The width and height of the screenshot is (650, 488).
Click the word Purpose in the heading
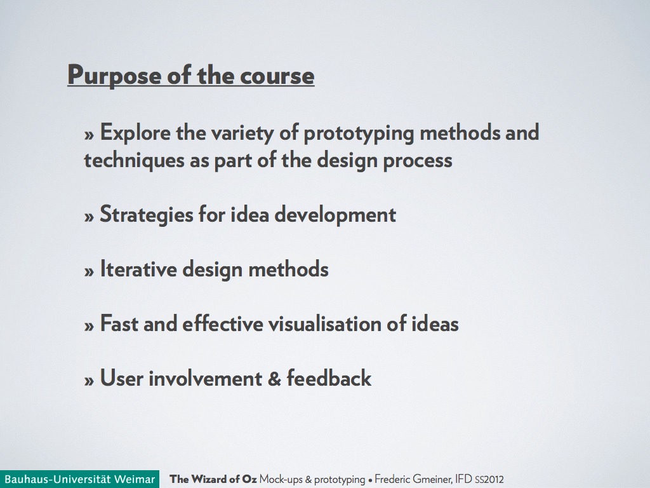[114, 76]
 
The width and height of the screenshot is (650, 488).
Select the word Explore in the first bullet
[135, 133]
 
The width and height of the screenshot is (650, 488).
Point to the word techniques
[134, 161]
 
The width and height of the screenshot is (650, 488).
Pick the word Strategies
[147, 215]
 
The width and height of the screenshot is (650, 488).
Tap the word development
[335, 215]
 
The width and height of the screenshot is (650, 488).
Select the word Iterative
[138, 269]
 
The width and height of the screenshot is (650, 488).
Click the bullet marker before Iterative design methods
[89, 272]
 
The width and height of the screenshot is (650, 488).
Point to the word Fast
[119, 323]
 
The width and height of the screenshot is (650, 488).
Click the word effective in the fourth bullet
[223, 323]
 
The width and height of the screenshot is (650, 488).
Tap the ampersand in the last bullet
[274, 379]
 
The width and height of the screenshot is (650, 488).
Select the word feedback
[329, 378]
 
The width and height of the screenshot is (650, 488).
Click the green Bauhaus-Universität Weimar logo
[79, 479]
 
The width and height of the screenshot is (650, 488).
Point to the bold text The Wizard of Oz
[213, 479]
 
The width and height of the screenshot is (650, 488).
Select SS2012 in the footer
[489, 480]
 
